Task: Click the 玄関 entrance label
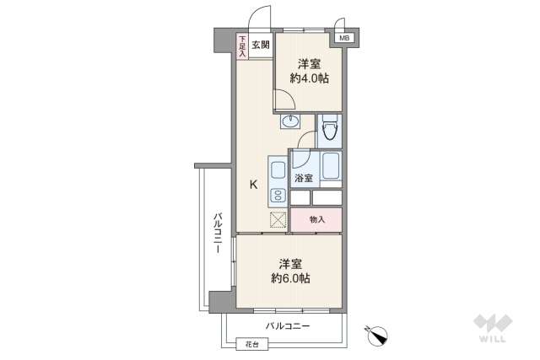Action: point(261,45)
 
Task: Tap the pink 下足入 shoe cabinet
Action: point(242,46)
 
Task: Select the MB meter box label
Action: point(344,38)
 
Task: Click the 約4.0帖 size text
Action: point(310,78)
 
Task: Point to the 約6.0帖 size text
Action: point(290,278)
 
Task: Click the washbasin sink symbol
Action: point(290,121)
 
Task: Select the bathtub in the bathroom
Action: point(331,166)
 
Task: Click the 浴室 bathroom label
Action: point(304,178)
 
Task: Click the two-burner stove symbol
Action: point(278,196)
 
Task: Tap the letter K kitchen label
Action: point(253,185)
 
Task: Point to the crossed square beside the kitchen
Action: point(278,219)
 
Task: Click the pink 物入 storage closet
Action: point(316,219)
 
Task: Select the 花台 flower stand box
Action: point(252,344)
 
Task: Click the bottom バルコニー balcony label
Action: point(288,326)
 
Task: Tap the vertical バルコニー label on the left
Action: point(218,234)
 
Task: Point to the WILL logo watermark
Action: point(493,328)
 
